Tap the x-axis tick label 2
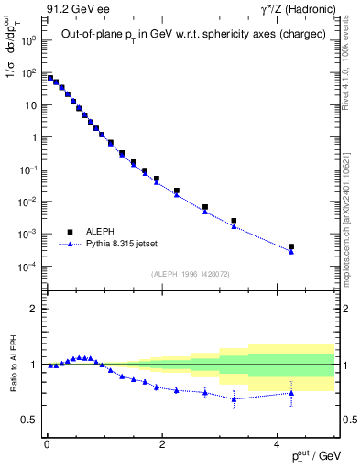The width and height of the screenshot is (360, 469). (x=162, y=443)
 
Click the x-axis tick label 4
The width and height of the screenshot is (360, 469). (x=278, y=443)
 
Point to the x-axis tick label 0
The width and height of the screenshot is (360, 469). (x=47, y=443)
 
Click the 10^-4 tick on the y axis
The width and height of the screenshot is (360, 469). (x=29, y=267)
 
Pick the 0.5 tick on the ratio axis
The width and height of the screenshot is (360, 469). (x=30, y=420)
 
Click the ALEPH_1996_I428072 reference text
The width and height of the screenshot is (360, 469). (x=190, y=274)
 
